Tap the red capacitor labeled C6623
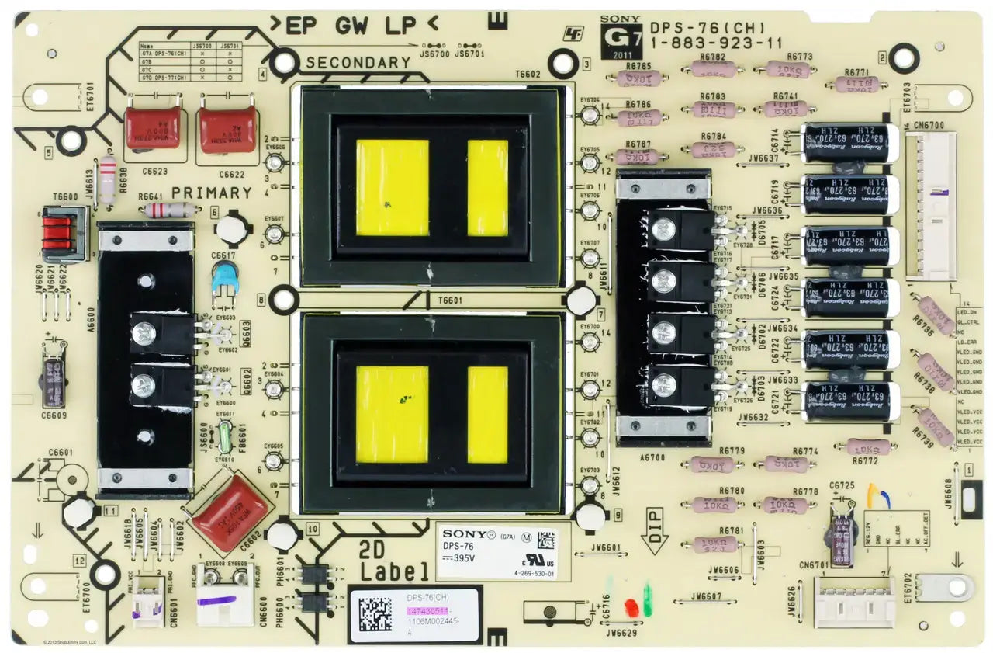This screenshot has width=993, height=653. click(x=153, y=128)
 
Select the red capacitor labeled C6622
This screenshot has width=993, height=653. click(x=227, y=130)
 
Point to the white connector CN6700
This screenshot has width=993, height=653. click(x=930, y=206)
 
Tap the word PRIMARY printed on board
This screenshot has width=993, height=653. click(x=212, y=193)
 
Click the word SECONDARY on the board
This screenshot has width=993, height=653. click(x=358, y=63)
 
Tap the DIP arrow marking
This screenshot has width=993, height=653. click(x=653, y=530)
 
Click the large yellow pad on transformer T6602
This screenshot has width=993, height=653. click(x=392, y=188)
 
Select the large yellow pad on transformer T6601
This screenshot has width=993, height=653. click(x=392, y=415)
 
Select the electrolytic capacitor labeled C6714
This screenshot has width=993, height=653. click(x=849, y=144)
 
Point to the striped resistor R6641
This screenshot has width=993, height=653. click(x=170, y=210)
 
